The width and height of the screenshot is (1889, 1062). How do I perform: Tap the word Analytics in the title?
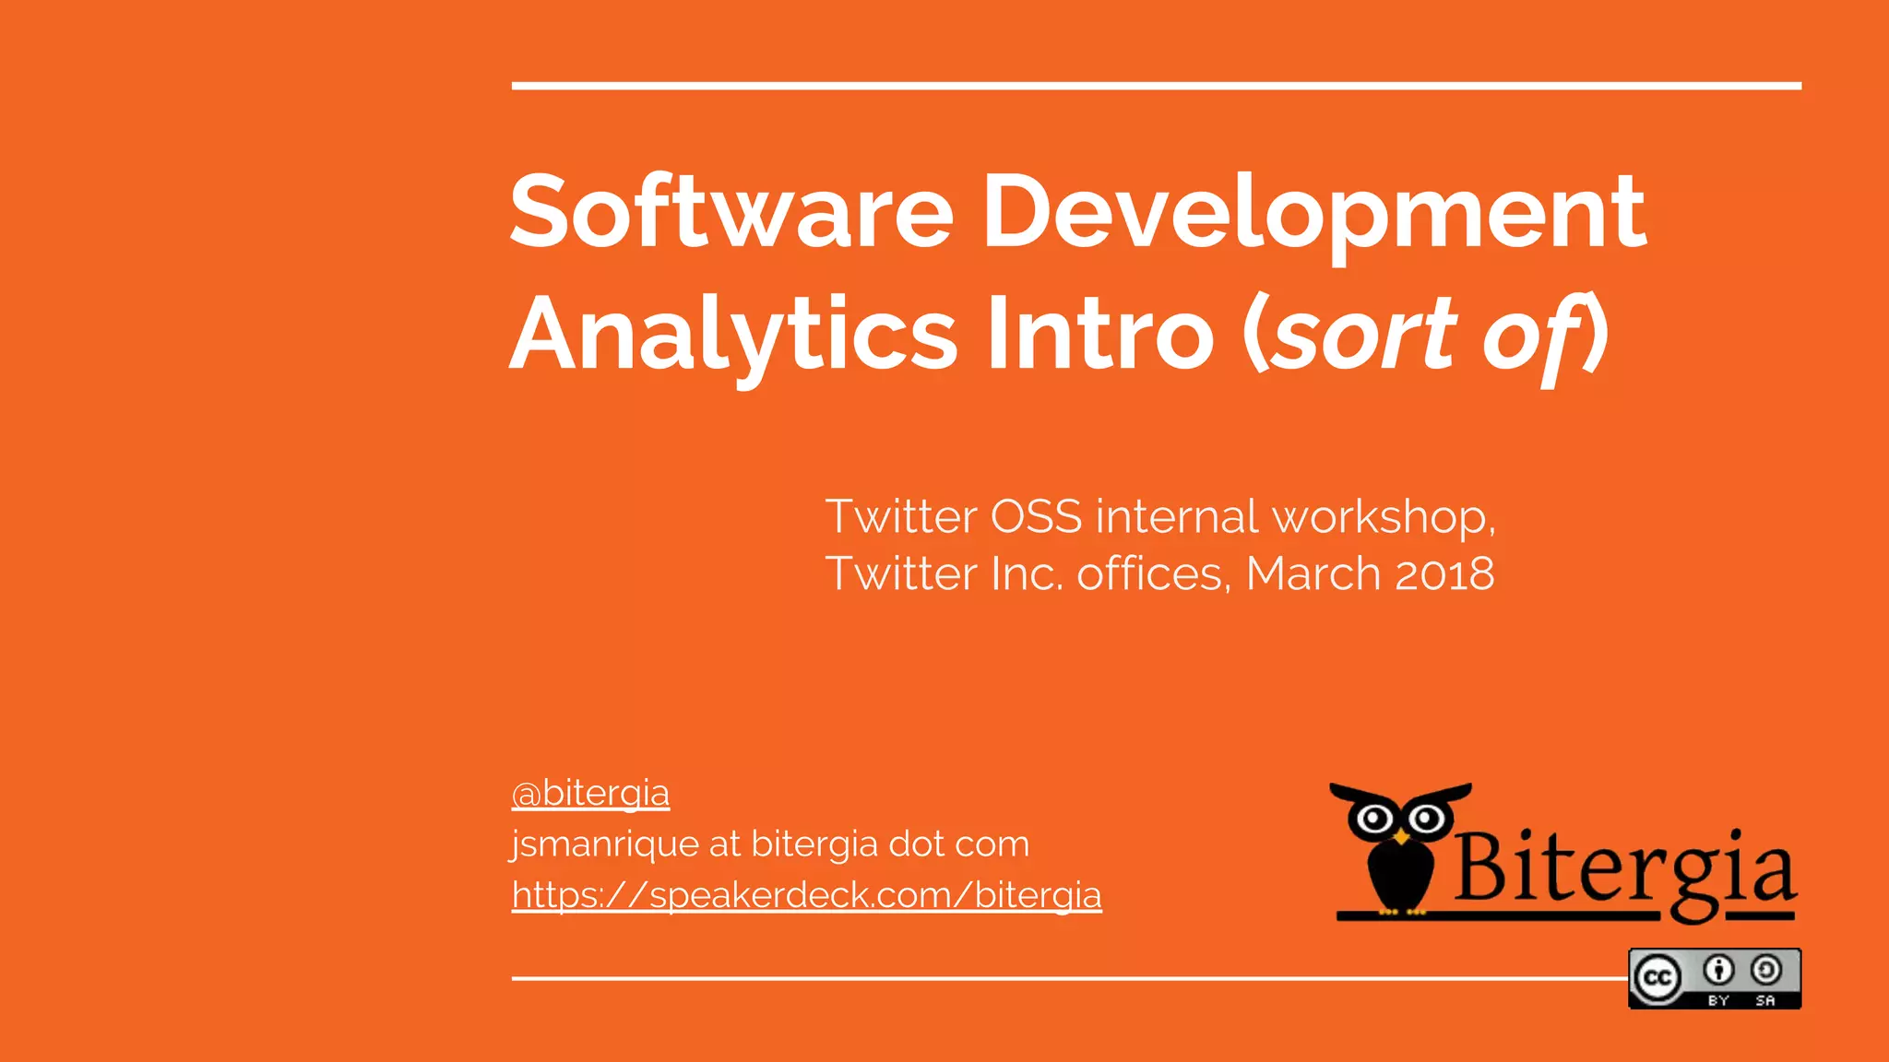click(x=733, y=334)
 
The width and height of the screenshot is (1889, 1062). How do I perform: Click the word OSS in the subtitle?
click(x=1035, y=516)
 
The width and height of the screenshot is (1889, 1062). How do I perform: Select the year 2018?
click(x=1443, y=573)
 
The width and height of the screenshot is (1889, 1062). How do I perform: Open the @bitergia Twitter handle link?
click(x=590, y=793)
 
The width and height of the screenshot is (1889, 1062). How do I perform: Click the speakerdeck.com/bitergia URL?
click(x=806, y=894)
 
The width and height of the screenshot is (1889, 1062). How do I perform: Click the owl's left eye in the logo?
click(x=1375, y=818)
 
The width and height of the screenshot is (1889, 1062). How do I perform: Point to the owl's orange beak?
click(x=1401, y=836)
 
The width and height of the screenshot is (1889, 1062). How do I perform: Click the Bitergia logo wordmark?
click(x=1623, y=871)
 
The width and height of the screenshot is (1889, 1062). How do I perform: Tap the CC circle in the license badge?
click(x=1657, y=977)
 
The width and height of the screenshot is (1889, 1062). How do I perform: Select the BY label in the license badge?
click(x=1717, y=1000)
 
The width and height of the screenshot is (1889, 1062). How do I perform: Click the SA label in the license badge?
click(x=1765, y=1000)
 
